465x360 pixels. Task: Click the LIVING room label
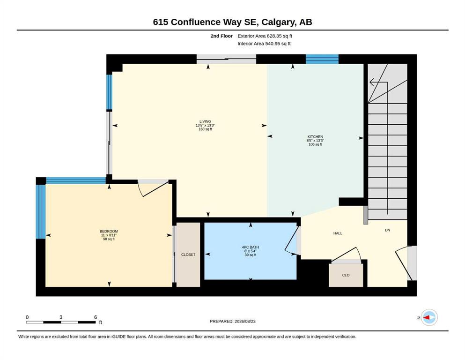coord(205,121)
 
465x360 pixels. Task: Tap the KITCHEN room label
coord(315,137)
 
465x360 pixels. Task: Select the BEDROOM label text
coord(109,231)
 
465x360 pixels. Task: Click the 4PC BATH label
coord(250,247)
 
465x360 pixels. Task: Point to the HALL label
coord(338,233)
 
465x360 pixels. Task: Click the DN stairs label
coord(387,230)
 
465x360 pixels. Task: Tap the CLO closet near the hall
coord(346,275)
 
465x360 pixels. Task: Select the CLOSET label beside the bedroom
coord(188,255)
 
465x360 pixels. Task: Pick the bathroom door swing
coord(291,240)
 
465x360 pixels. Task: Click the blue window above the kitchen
coord(322,59)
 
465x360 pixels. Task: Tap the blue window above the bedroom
coord(76,180)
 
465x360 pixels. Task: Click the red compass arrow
coord(427,317)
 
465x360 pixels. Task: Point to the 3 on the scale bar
coord(61,317)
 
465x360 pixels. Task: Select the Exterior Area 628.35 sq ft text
coord(265,36)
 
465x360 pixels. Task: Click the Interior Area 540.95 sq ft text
coord(264,44)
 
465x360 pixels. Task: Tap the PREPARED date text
coord(232,321)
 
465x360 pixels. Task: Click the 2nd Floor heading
coord(221,36)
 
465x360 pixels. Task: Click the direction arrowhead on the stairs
coord(372,82)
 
